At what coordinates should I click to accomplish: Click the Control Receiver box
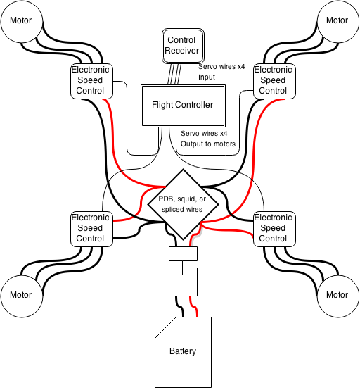coord(183,46)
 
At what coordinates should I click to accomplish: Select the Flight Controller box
coord(183,106)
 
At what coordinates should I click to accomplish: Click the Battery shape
coord(183,352)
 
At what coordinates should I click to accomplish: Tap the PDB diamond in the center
coord(183,204)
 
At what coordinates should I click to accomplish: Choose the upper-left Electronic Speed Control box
coord(91,82)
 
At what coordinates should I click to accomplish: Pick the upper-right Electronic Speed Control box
coord(274,82)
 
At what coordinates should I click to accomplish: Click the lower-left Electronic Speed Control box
coord(91,229)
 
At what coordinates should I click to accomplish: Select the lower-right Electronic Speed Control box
coord(274,229)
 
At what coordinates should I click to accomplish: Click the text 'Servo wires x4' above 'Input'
coord(221,67)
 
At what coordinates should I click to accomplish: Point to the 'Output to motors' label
coord(208,144)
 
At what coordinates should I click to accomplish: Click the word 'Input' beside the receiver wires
coord(207,77)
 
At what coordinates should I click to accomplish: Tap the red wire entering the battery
coord(194,306)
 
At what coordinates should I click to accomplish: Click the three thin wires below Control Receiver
coord(174,75)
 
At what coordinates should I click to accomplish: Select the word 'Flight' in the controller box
coord(162,105)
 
